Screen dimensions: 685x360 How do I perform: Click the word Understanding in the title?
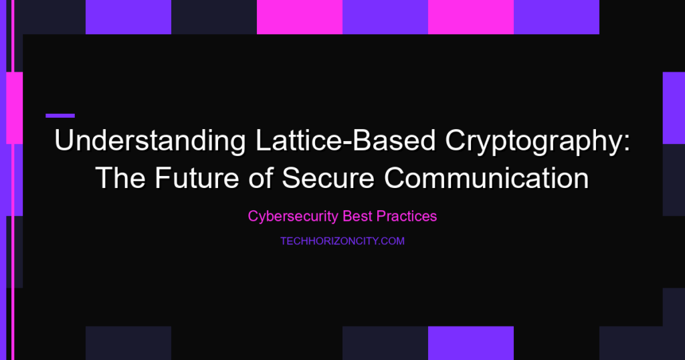150,141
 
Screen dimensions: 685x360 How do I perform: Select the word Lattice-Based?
346,141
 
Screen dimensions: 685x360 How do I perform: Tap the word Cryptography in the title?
534,142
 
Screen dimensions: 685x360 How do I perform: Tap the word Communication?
487,178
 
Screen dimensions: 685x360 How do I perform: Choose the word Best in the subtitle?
357,216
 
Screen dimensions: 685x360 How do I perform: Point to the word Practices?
406,216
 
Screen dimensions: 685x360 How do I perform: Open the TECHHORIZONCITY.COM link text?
342,241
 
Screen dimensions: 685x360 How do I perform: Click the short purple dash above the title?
60,116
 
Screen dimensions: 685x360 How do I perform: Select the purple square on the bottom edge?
471,343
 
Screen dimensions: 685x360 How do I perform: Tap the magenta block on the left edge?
15,108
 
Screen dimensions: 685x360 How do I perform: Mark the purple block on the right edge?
674,108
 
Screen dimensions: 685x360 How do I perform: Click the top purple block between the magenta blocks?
385,17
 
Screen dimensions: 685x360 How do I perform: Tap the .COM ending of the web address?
392,241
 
